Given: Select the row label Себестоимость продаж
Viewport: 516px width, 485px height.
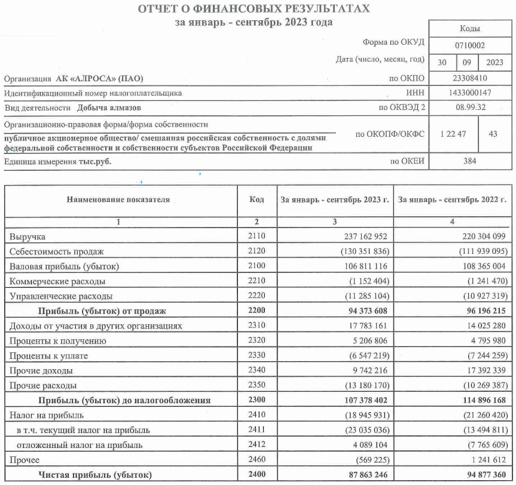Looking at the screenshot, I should click(x=57, y=251).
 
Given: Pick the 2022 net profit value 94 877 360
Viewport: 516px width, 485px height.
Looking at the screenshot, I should click(x=481, y=475).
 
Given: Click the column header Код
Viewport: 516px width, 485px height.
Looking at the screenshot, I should click(x=256, y=199).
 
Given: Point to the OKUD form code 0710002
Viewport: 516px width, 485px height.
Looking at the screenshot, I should click(x=470, y=44).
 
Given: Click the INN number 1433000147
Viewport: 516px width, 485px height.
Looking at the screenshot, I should click(x=470, y=93).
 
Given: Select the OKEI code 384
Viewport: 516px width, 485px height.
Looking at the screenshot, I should click(x=470, y=161).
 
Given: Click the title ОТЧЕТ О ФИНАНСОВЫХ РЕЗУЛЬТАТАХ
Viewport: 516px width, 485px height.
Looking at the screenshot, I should click(x=254, y=9).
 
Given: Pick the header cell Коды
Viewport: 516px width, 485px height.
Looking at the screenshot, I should click(x=470, y=28).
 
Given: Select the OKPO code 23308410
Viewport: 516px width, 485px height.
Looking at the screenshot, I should click(x=470, y=78).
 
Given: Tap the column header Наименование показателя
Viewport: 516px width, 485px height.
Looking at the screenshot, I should click(x=118, y=199).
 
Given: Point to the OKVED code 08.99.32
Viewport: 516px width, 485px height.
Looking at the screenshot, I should click(x=470, y=108).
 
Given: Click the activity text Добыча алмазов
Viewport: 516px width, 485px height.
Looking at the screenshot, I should click(x=109, y=108).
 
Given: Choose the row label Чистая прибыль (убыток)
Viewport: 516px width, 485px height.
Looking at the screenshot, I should click(x=96, y=475).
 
